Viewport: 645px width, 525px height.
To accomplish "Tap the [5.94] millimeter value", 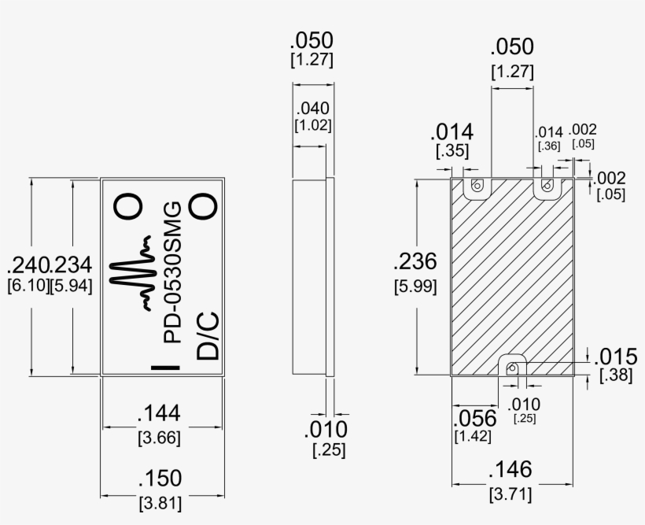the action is pyautogui.click(x=71, y=286).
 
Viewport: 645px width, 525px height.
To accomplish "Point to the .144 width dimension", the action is pyautogui.click(x=160, y=413).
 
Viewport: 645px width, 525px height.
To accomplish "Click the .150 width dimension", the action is pyautogui.click(x=160, y=479).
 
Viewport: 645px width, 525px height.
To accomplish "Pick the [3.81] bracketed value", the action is pyautogui.click(x=160, y=502).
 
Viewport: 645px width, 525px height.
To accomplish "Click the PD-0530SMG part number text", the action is pyautogui.click(x=172, y=272).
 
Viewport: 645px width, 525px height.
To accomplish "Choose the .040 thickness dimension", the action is pyautogui.click(x=312, y=109).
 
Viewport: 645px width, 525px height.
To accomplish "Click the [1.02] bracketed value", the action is pyautogui.click(x=312, y=125).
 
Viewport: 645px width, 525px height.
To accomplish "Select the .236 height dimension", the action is pyautogui.click(x=415, y=262).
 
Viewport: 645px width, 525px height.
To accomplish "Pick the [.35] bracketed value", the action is pyautogui.click(x=452, y=150).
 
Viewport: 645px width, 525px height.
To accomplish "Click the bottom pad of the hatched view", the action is pyautogui.click(x=513, y=367).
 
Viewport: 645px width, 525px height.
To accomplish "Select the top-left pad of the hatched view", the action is pyautogui.click(x=476, y=187).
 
